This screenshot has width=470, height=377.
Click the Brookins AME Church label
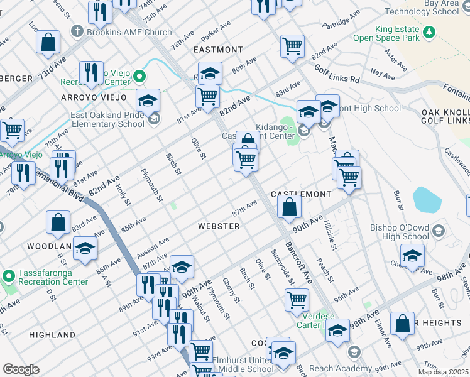(129, 32)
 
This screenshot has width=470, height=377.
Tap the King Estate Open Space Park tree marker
(430, 31)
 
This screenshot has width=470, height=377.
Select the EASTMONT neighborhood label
(218, 50)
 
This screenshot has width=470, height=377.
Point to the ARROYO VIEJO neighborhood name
(94, 97)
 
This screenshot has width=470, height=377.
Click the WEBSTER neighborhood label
(218, 226)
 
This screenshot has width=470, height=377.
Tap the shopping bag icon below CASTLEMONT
(289, 207)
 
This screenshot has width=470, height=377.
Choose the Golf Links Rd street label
(337, 75)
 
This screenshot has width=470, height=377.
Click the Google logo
(21, 369)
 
